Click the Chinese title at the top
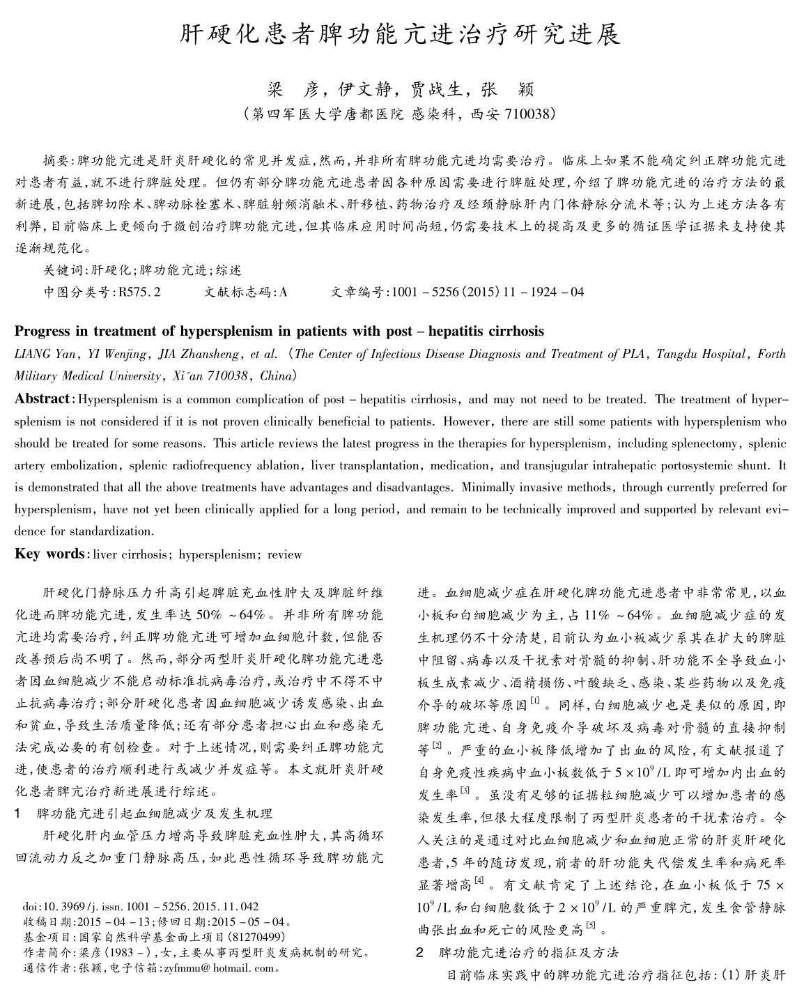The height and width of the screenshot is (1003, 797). click(x=399, y=35)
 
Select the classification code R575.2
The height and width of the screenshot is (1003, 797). click(x=140, y=293)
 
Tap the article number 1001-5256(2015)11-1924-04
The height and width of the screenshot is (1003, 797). click(x=488, y=293)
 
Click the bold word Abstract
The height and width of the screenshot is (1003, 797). click(x=42, y=399)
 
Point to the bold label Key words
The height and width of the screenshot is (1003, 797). click(x=49, y=554)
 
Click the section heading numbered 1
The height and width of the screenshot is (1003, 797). click(x=144, y=813)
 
